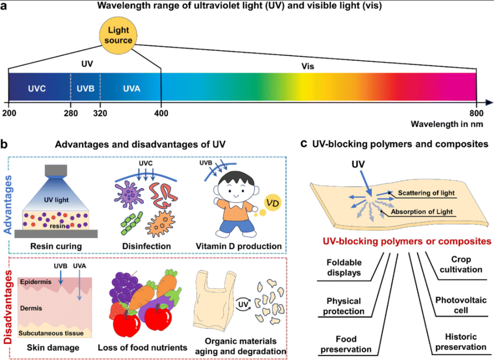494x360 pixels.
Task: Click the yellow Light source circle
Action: [118, 35]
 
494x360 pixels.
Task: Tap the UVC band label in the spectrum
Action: [37, 89]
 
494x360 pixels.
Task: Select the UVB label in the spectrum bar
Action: [85, 89]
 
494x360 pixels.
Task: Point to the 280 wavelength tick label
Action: [71, 113]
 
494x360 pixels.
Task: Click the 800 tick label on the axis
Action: [476, 113]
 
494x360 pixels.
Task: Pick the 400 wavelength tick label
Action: [161, 113]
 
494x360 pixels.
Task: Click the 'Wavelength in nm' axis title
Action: [447, 124]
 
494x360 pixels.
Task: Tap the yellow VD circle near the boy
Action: [273, 203]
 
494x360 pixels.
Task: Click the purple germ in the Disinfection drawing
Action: [128, 194]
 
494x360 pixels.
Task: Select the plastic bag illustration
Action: [215, 300]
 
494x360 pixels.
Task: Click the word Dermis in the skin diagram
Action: [31, 308]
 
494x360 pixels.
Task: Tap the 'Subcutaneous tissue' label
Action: [51, 333]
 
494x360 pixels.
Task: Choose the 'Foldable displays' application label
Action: [344, 267]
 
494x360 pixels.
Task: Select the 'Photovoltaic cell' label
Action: [461, 305]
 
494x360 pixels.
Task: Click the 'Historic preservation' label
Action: [461, 342]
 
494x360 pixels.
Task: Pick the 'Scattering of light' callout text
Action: [426, 193]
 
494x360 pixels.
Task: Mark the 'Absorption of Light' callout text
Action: [422, 212]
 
